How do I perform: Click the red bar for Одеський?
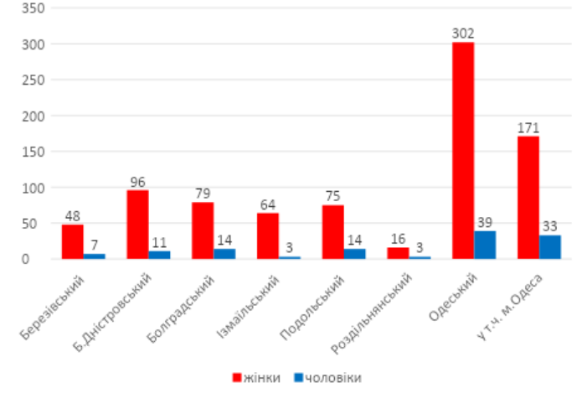463,150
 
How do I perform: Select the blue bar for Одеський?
485,245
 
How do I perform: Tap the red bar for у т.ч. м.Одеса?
528,197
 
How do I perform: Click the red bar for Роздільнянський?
398,253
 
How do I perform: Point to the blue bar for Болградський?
224,254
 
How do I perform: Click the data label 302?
463,34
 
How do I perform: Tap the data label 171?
528,127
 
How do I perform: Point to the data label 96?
137,181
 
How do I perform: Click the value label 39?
485,222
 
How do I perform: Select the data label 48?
73,215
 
